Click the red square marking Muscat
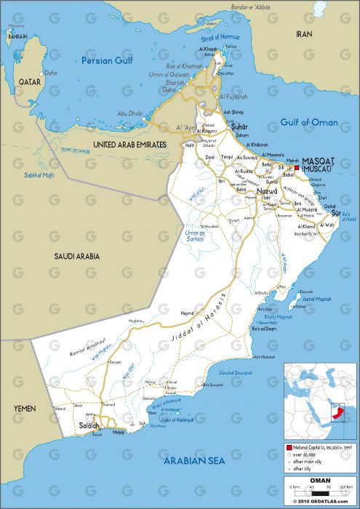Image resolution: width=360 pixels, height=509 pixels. point(297,167)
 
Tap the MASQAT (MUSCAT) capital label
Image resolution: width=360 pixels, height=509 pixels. point(318,164)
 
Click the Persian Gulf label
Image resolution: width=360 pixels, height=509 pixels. point(108,60)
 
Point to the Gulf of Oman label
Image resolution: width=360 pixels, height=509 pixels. point(309,122)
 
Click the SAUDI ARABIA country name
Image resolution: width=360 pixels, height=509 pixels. point(76,256)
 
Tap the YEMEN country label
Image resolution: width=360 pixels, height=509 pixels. point(25,409)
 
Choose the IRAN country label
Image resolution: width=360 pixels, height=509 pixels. point(304,34)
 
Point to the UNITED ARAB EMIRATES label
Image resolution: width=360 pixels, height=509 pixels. point(121,145)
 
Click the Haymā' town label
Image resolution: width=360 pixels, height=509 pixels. point(187,313)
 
